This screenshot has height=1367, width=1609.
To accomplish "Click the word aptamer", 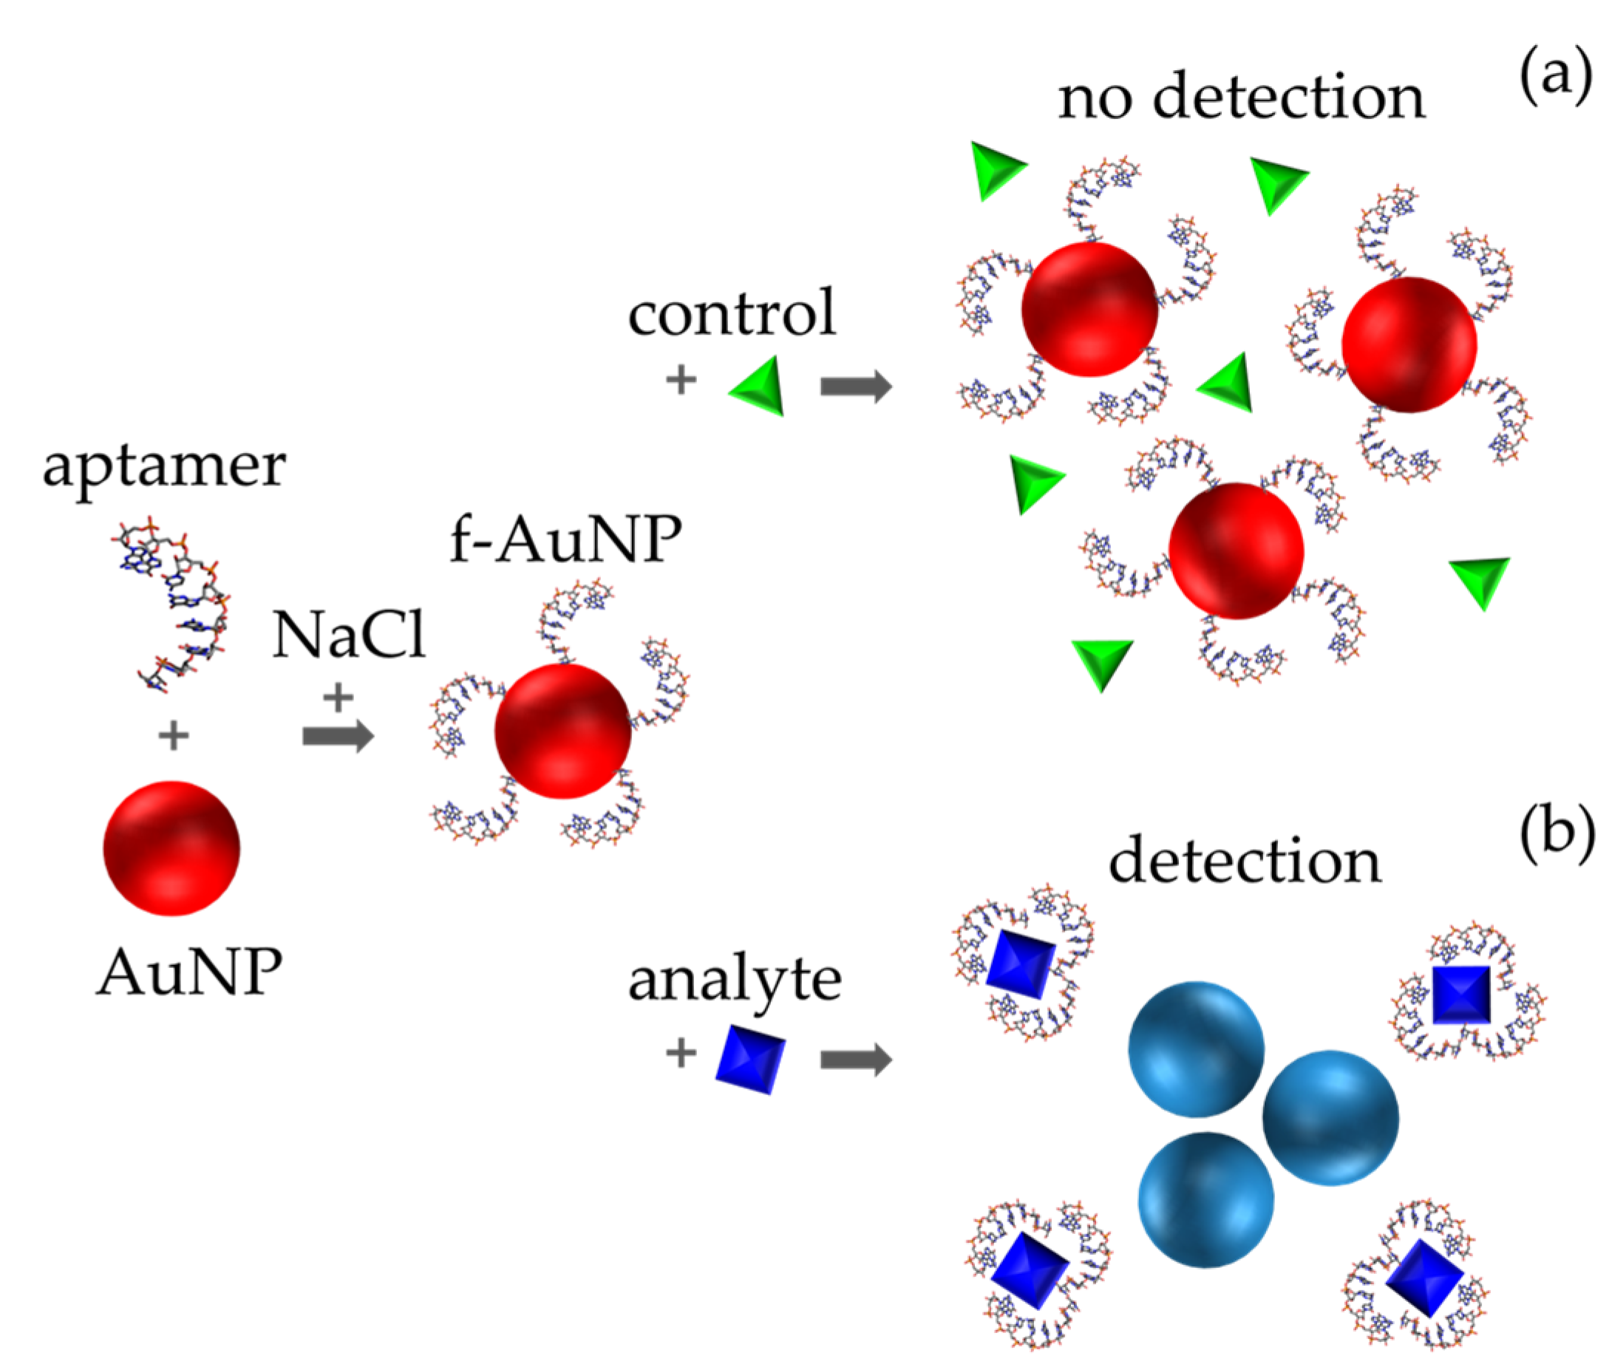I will coord(163,467).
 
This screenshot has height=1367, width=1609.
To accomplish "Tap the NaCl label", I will coord(348,635).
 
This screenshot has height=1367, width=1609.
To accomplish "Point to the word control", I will coord(732,313).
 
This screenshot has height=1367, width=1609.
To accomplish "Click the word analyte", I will coord(734,981).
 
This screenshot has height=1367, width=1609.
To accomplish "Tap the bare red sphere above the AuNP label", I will coord(171,848).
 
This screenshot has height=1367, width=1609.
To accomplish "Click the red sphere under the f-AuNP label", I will coord(562,730).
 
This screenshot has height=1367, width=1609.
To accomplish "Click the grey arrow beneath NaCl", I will coord(338,735).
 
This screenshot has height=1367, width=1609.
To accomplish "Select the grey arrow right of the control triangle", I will coord(856,385).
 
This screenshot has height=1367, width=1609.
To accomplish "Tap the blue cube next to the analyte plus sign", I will coord(749,1059).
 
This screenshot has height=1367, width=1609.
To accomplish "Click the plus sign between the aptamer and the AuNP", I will coord(174,734).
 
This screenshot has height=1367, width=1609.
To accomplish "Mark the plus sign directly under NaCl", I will coord(338,697).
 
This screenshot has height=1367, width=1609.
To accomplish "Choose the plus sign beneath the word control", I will coord(681,380).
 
